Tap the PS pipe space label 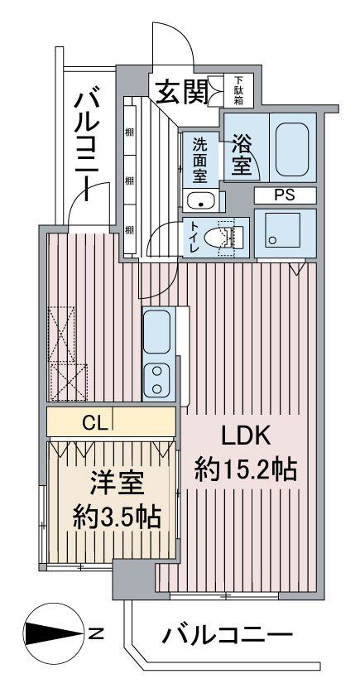pos(284,195)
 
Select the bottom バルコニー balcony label pos(227,637)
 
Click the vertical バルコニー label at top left pos(87,140)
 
